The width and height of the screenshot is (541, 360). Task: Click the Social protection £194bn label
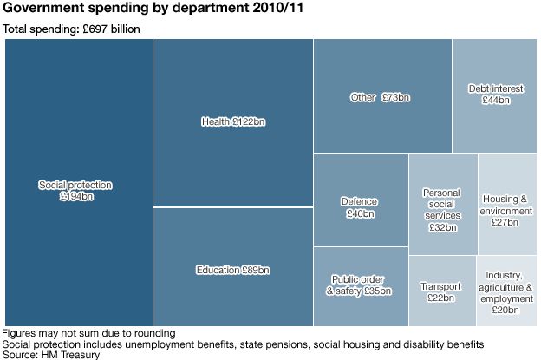(75, 191)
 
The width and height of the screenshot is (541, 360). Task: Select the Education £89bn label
(232, 269)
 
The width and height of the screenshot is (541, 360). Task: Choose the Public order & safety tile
(359, 285)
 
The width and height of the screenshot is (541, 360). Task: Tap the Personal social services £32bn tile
(441, 210)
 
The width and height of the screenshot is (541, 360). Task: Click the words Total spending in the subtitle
(36, 29)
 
